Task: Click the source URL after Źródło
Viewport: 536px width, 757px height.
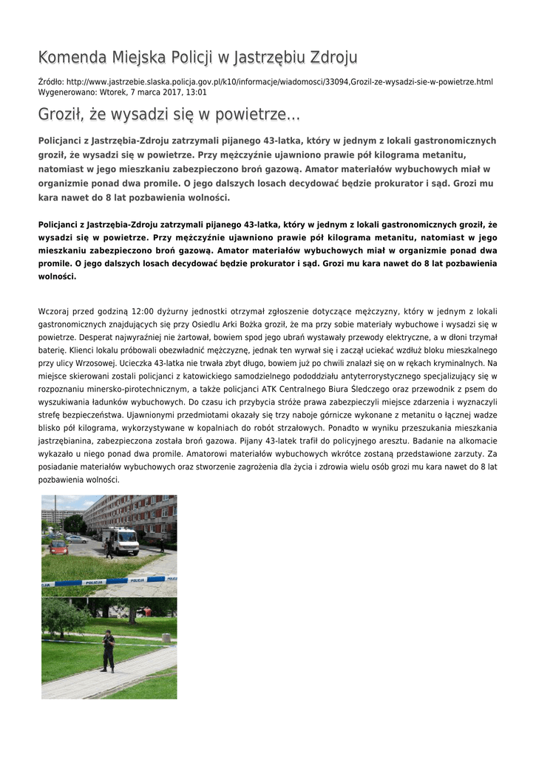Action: coord(279,81)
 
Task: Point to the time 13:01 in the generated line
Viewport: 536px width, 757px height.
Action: coord(196,92)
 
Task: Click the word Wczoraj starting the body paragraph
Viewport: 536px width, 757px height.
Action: coord(55,311)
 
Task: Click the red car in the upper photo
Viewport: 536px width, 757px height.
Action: coord(58,547)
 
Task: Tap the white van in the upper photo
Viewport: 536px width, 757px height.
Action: coord(122,541)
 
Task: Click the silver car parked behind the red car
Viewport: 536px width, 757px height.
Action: coord(77,538)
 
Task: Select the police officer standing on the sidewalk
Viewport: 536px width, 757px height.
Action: coord(108,651)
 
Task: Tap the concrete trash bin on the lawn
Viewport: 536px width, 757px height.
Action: coord(167,637)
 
